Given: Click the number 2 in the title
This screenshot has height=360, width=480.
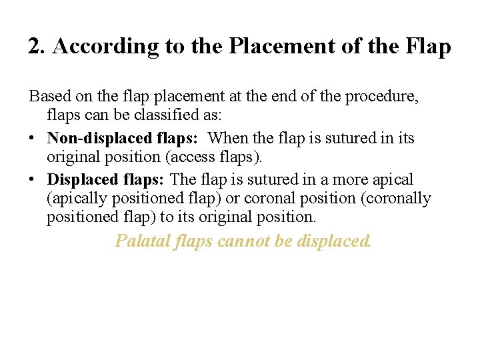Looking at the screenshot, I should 34,47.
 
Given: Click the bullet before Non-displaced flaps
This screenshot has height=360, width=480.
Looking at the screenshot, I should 32,139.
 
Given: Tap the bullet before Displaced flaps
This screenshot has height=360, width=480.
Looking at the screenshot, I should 32,180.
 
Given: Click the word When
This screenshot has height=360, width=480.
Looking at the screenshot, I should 229,139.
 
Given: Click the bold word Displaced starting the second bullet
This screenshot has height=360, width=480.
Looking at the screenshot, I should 77,180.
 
